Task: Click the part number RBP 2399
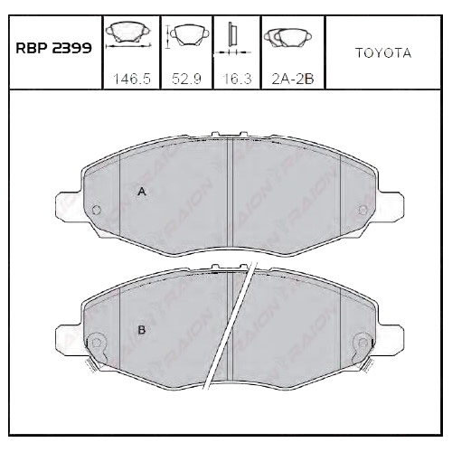point(53,48)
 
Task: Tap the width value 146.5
point(131,79)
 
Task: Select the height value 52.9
point(186,79)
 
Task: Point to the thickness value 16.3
point(237,79)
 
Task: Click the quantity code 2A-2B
point(293,79)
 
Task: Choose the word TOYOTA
point(383,53)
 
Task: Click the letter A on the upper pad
point(142,192)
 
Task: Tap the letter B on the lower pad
point(141,330)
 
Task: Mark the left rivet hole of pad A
point(97,210)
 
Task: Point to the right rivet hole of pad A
point(363,210)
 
